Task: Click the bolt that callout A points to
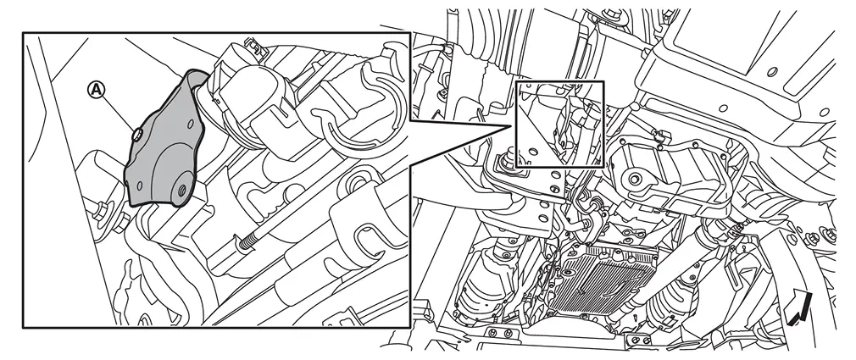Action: tap(137, 132)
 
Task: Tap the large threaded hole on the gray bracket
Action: tap(181, 189)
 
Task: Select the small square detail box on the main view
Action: tap(559, 124)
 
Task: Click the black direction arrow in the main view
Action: tap(798, 307)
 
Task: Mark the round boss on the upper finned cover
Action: tap(634, 179)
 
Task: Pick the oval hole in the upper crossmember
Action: tap(771, 71)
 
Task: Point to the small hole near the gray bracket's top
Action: tap(190, 125)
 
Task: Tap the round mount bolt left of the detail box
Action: tap(504, 162)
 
